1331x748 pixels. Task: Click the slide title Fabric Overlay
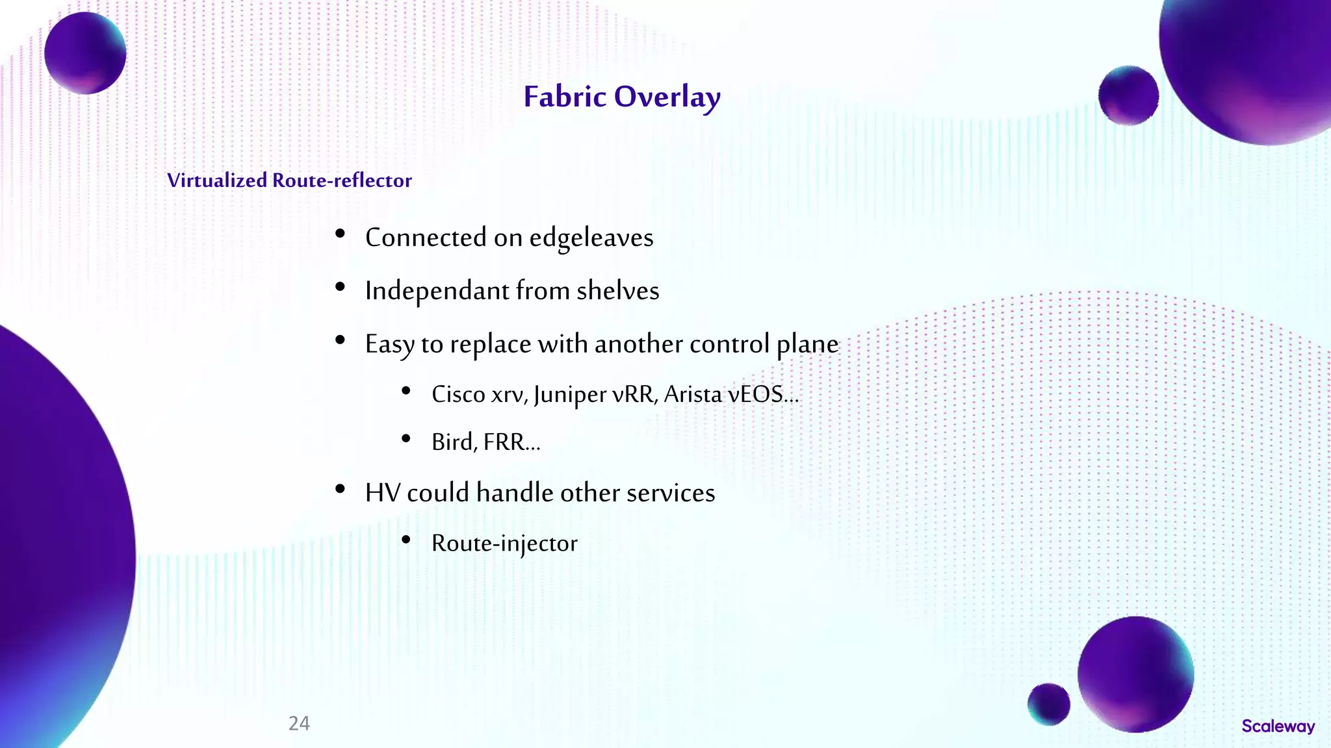coord(622,97)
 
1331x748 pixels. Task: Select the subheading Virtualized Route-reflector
coord(289,181)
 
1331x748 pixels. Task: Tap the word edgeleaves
coord(591,238)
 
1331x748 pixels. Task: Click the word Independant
coord(437,291)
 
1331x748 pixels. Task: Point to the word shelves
coord(617,291)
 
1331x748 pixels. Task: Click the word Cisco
coord(458,394)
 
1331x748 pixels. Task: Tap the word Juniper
coord(570,395)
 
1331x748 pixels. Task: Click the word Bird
coord(452,442)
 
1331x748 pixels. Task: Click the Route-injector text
coord(504,543)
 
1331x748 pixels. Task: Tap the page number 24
coord(299,723)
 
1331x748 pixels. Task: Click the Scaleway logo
coord(1278,726)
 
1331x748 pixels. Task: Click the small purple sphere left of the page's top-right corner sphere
coord(1128,95)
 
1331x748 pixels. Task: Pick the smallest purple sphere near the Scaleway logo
coord(1048,704)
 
